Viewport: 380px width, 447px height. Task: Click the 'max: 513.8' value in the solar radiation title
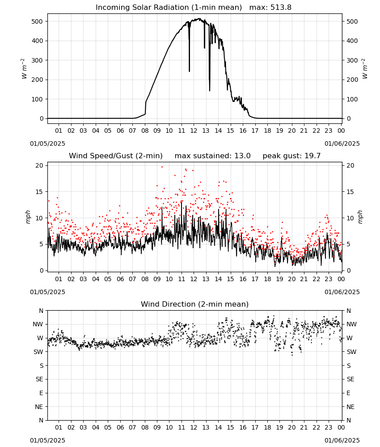coord(270,8)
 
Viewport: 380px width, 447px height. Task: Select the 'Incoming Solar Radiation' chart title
coord(142,8)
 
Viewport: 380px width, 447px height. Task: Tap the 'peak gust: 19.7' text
coord(291,156)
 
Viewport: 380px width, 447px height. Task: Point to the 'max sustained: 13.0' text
coord(212,156)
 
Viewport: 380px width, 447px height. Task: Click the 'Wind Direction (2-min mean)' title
coord(195,304)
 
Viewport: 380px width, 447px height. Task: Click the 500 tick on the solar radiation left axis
coord(38,21)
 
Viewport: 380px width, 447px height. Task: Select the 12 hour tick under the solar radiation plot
coord(194,131)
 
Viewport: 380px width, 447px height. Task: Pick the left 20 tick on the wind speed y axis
coord(39,166)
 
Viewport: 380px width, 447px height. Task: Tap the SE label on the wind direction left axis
coord(39,379)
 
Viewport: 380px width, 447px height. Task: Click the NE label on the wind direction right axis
coord(350,407)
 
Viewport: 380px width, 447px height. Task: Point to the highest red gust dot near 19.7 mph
coord(162,167)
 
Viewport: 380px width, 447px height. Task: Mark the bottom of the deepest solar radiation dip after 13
coord(210,91)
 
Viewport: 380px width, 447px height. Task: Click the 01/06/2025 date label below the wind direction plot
coord(342,440)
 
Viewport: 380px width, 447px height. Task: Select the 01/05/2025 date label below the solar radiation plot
coord(47,143)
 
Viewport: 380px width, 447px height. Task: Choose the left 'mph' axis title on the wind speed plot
coord(28,217)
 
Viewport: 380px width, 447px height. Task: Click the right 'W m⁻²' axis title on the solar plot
coord(365,69)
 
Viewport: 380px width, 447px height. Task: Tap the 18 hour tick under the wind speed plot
coord(267,279)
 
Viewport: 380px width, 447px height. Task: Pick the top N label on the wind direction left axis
coord(41,311)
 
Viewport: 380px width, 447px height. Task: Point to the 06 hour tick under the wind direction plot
coord(120,427)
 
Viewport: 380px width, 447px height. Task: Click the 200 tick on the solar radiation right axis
coord(352,80)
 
